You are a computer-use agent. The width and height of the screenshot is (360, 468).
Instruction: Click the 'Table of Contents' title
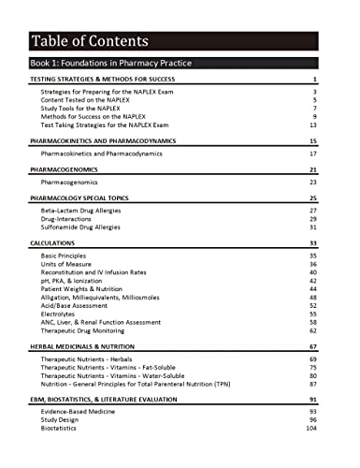[89, 40]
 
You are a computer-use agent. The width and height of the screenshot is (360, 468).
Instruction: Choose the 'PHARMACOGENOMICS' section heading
[63, 170]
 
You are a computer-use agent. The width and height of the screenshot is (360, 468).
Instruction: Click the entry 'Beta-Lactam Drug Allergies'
[86, 212]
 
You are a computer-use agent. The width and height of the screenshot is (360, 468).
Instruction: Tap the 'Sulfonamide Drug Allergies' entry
[87, 227]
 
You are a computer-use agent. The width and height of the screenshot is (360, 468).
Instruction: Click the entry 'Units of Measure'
[68, 264]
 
